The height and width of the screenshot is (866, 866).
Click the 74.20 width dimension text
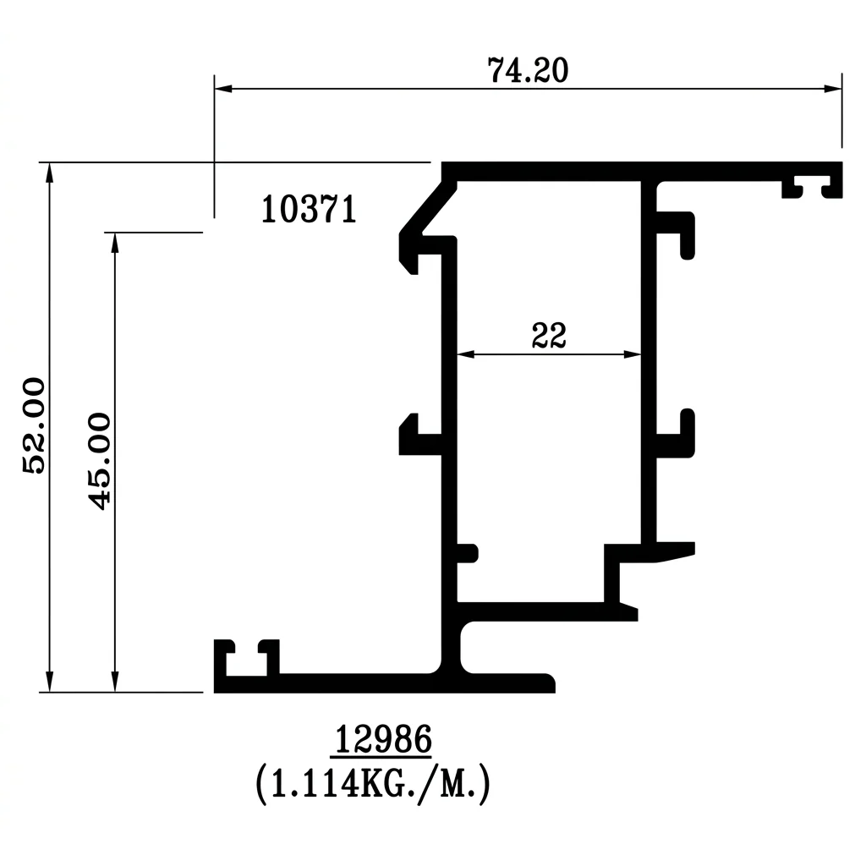(528, 71)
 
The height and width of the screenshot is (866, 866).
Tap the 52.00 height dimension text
(34, 425)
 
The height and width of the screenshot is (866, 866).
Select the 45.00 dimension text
(100, 461)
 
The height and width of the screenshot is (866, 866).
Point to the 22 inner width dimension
(549, 336)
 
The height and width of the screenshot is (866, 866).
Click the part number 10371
(309, 210)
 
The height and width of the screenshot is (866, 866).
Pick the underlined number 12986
(383, 739)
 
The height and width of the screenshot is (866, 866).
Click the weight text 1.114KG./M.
(373, 783)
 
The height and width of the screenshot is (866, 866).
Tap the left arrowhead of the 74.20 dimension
(223, 88)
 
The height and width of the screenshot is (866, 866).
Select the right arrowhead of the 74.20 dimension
(833, 88)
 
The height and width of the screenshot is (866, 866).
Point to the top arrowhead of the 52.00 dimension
(49, 172)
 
